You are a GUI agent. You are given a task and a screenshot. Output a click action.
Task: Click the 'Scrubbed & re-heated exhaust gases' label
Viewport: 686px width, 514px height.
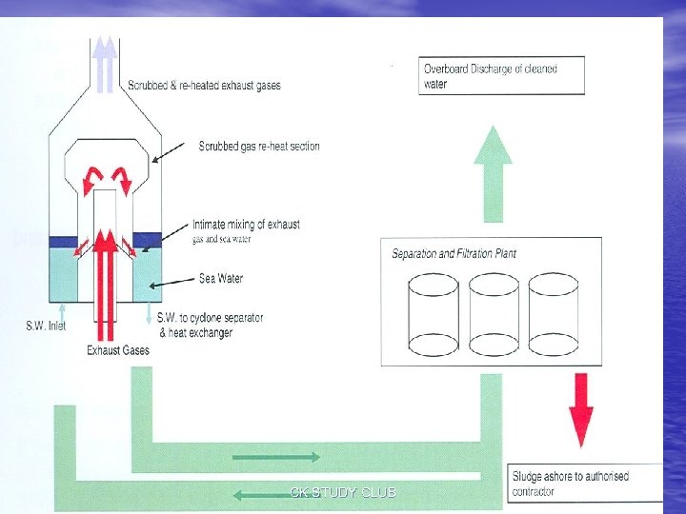pos(204,86)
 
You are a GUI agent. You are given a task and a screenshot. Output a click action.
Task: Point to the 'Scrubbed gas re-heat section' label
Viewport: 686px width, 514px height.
pos(259,147)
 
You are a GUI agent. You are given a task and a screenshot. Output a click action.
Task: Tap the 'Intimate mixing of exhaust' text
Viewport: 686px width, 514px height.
pos(246,225)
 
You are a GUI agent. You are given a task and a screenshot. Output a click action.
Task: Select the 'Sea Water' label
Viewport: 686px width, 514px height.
pos(220,279)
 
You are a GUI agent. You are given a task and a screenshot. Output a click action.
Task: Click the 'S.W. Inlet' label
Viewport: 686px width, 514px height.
pos(47,326)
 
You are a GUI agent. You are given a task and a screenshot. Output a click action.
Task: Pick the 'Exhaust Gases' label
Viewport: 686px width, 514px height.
pos(118,350)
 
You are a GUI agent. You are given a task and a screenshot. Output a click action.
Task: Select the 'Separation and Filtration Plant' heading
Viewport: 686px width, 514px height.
pos(454,254)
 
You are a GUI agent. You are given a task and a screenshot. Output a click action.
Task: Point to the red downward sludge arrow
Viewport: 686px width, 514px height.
pos(580,408)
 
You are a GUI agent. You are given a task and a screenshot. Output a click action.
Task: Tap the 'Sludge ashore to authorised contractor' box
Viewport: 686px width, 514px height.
pos(582,484)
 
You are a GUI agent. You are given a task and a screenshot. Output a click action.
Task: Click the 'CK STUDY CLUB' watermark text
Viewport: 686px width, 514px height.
pos(343,492)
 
